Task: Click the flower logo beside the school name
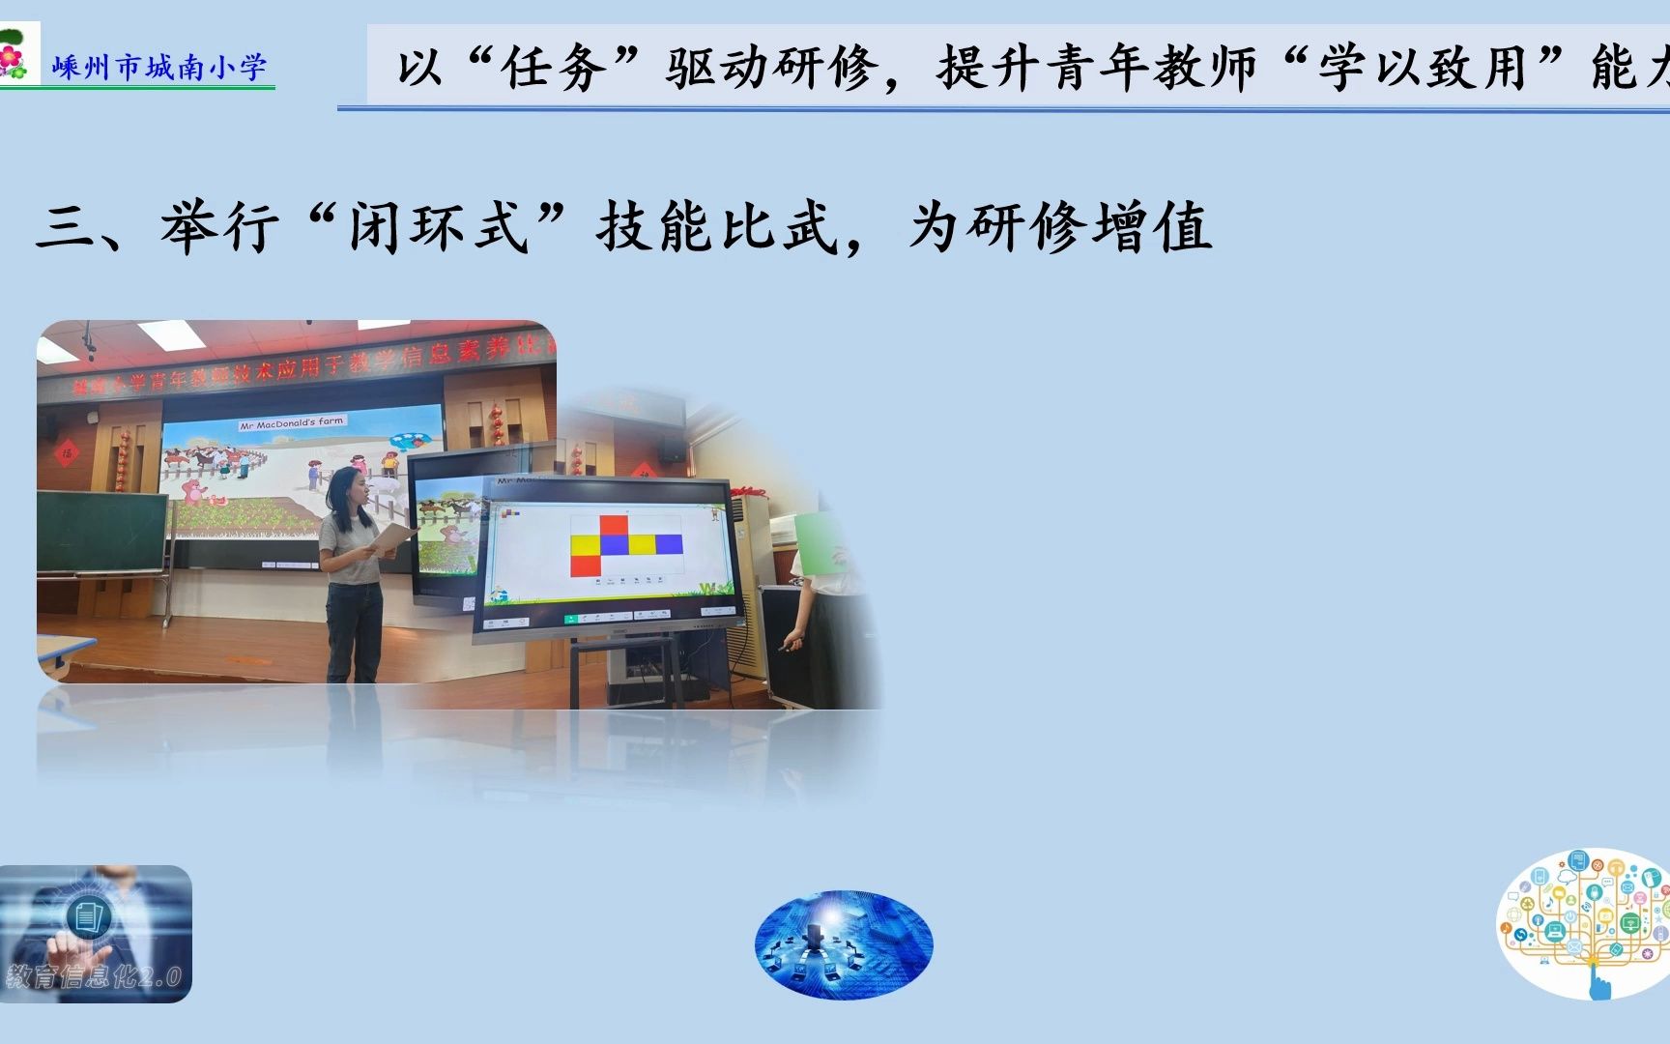(x=14, y=57)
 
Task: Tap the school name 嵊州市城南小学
(x=159, y=68)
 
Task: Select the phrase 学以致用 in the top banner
(x=1422, y=69)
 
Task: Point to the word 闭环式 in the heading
(x=440, y=228)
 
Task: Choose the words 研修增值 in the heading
(x=1091, y=228)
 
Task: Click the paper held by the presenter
(x=392, y=536)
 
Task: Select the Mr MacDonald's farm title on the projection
(x=292, y=423)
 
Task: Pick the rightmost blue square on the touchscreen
(x=669, y=544)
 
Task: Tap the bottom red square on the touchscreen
(x=585, y=565)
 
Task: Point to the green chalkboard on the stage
(x=101, y=532)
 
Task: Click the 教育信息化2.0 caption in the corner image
(x=94, y=977)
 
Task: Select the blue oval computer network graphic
(x=844, y=943)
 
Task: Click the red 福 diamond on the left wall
(x=67, y=451)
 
